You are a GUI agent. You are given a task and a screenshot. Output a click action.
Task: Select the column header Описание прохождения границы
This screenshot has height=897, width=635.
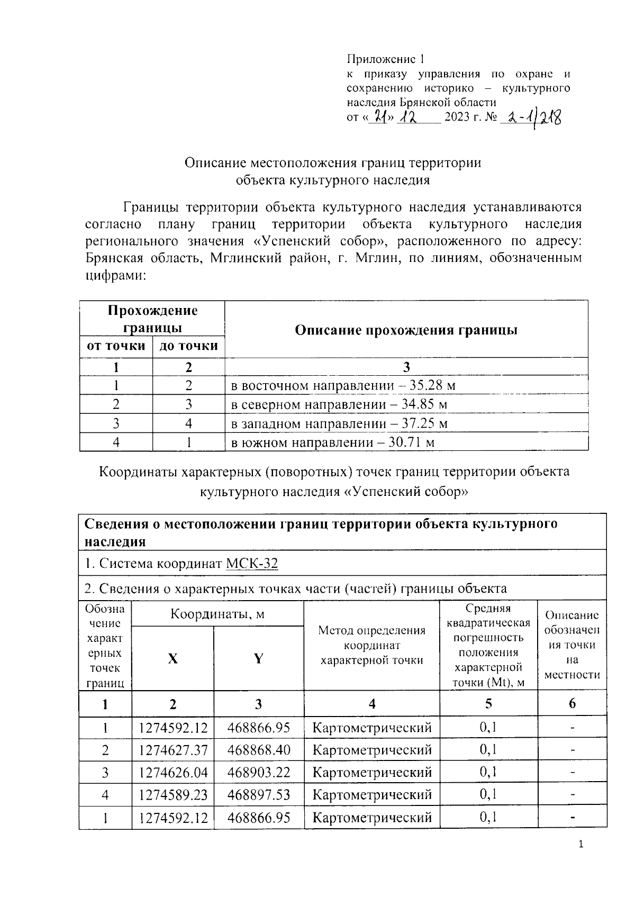point(406,330)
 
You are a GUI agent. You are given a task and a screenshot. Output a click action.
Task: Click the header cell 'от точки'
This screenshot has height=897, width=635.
point(116,346)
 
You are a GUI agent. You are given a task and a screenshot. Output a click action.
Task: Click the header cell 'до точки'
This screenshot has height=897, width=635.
point(188,346)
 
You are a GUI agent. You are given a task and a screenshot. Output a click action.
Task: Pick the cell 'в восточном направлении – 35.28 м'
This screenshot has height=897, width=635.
point(343,385)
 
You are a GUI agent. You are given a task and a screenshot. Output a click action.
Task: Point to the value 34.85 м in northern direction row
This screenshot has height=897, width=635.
point(424,405)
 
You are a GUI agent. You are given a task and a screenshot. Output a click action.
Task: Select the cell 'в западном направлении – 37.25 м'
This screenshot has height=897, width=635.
point(340,424)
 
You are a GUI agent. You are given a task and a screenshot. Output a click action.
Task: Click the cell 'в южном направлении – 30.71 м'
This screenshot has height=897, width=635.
point(333,442)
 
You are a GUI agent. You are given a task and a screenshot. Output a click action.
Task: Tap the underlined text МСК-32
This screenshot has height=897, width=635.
point(251,564)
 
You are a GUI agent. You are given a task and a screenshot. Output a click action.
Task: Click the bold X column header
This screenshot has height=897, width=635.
point(173,658)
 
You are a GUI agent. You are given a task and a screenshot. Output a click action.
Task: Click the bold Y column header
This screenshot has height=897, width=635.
point(258,658)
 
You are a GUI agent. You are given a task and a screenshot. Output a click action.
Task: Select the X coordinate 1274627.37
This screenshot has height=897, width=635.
point(173,750)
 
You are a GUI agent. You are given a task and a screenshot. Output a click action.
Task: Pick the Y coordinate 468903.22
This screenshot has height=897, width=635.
point(259,772)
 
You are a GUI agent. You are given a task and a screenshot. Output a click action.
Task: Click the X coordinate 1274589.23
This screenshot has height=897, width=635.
point(173,794)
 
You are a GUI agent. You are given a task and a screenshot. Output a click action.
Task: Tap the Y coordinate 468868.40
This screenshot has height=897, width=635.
point(259,750)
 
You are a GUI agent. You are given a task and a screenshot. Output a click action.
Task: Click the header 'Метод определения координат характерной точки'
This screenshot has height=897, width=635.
point(371,645)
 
